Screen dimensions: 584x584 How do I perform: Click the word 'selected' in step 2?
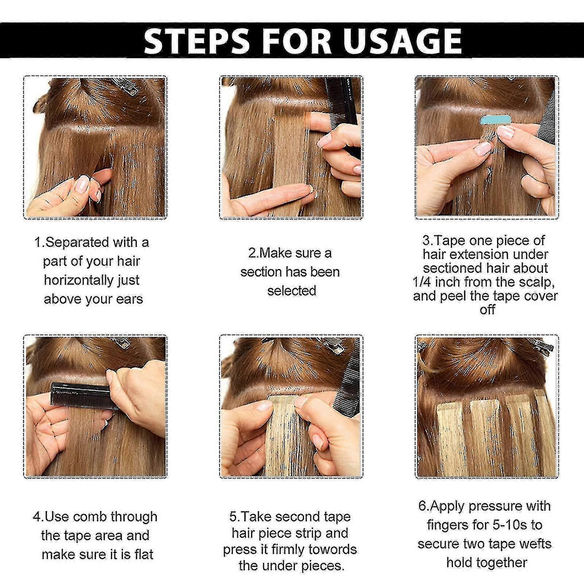coord(292,291)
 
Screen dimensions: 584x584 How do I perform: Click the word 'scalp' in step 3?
coord(535,282)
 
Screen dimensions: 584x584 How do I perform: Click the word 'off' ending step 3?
coord(487,310)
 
